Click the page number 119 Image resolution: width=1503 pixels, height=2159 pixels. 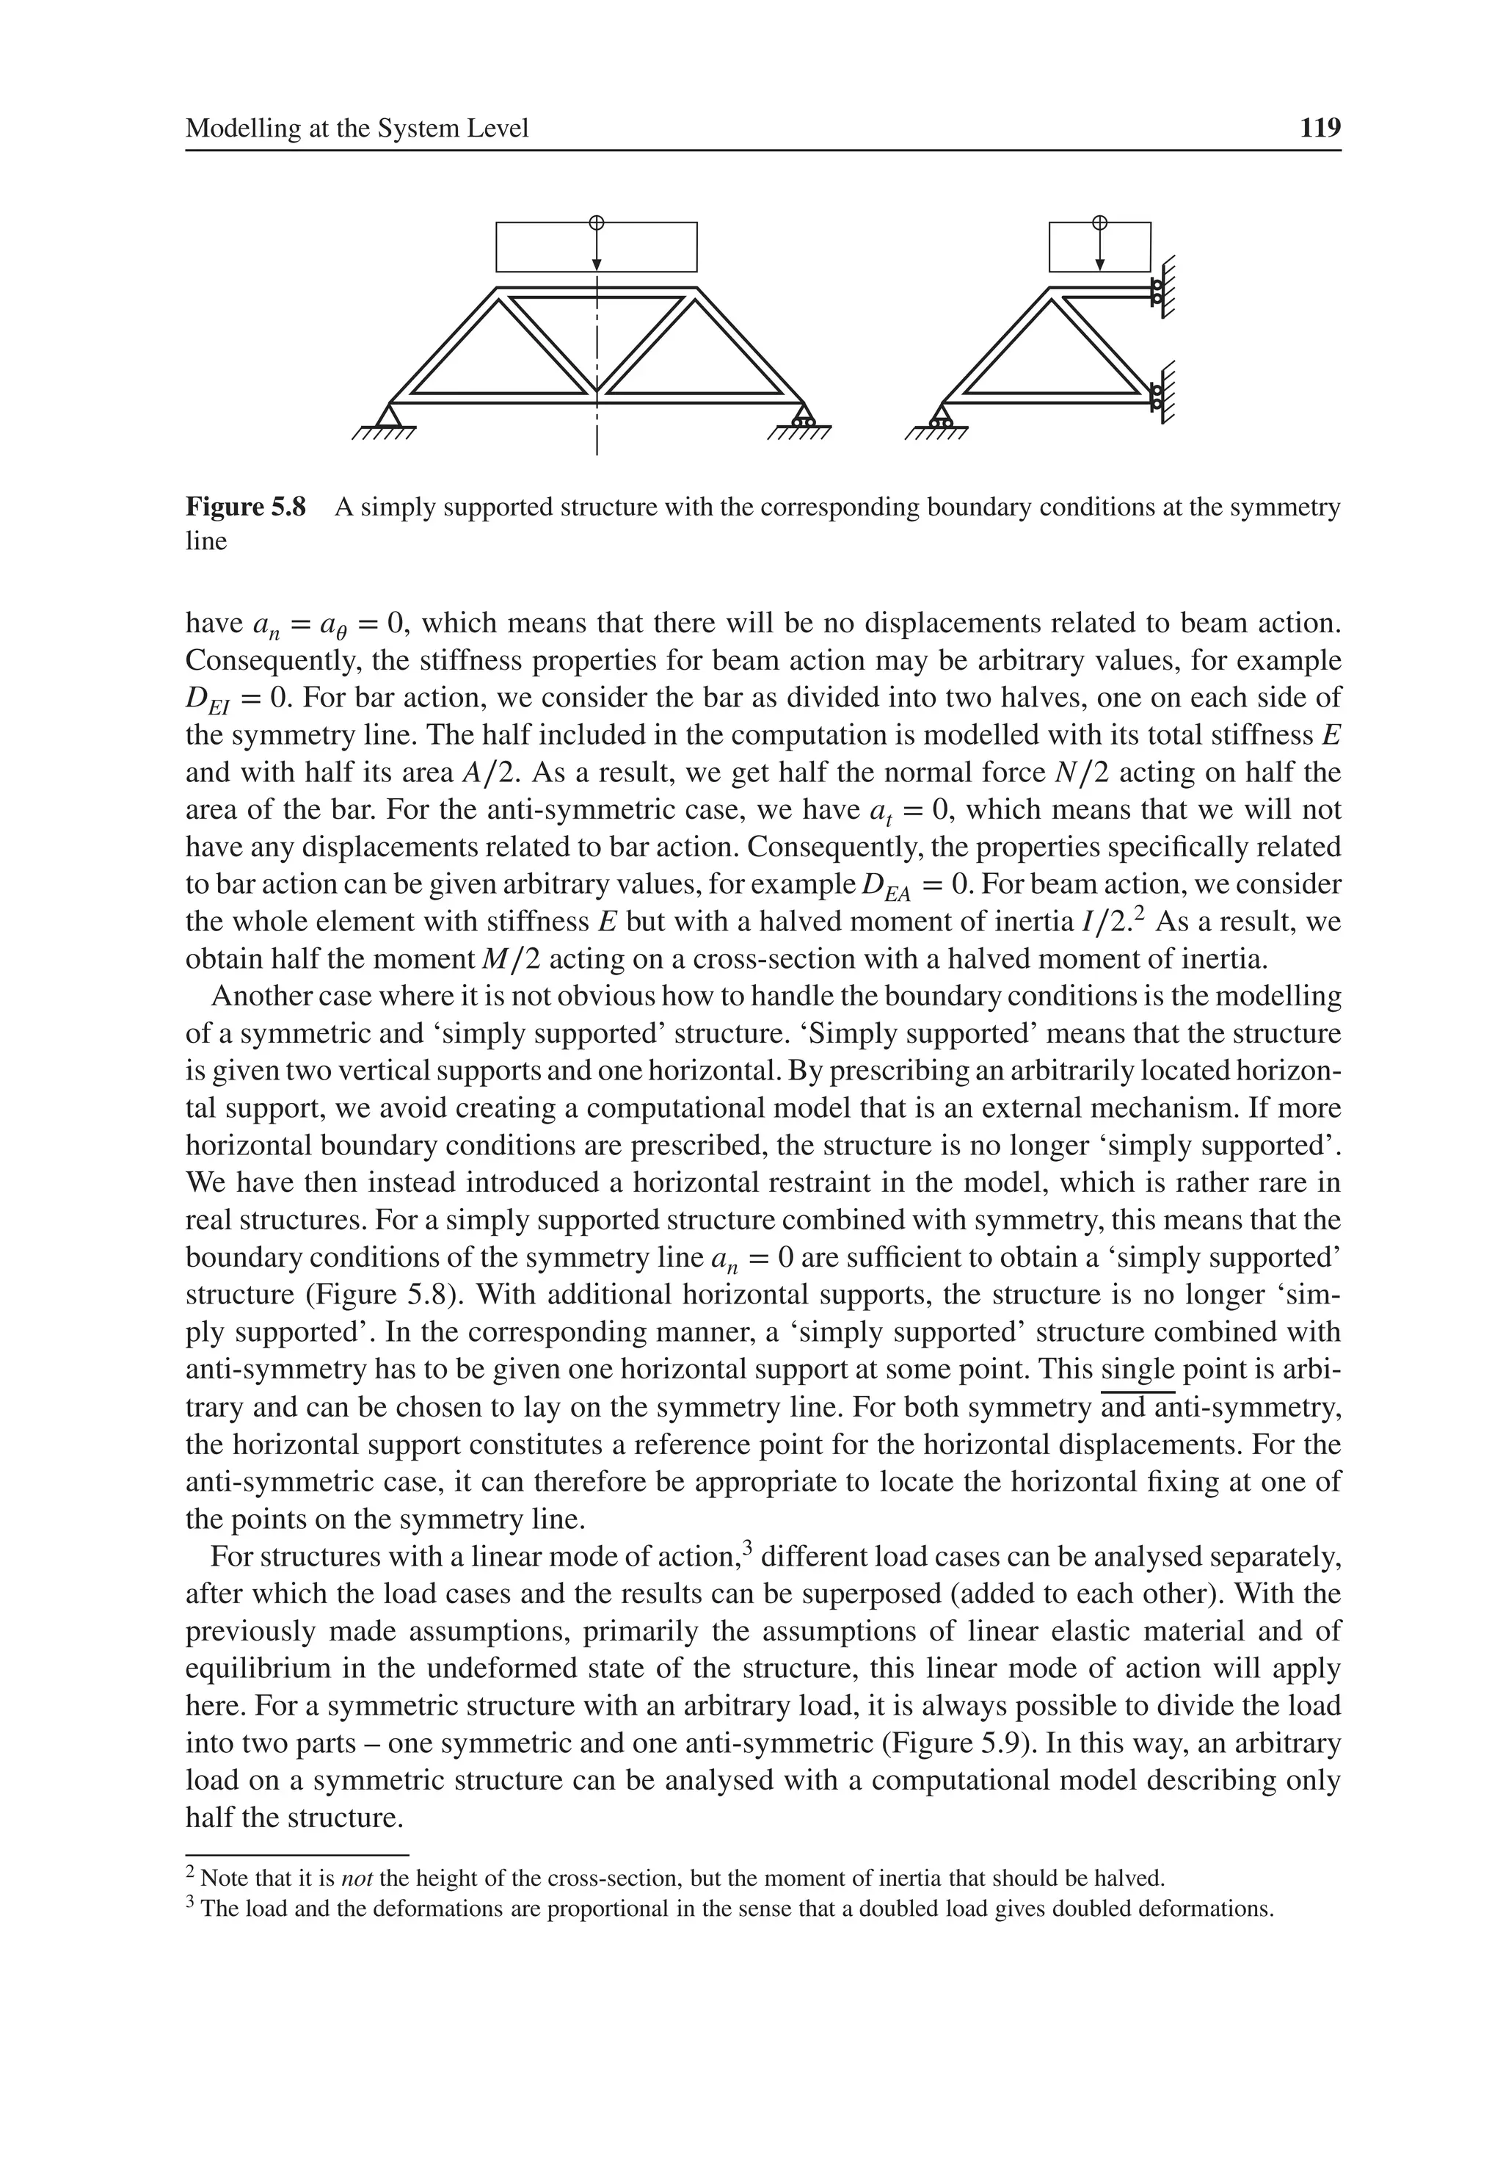pos(1320,128)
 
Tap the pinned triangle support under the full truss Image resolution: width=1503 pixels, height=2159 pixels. pos(388,415)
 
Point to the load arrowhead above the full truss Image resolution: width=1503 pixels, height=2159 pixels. pos(596,265)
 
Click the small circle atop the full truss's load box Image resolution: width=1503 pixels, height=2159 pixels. pos(596,222)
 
